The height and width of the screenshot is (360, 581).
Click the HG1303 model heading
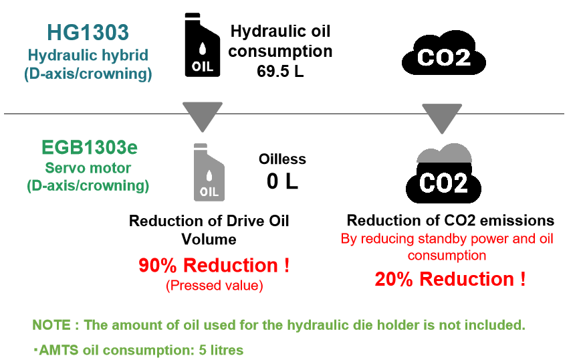click(x=88, y=32)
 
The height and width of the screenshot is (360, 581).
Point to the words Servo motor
click(x=88, y=168)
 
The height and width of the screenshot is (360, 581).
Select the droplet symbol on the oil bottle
click(x=209, y=176)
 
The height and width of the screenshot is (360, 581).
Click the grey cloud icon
click(x=445, y=153)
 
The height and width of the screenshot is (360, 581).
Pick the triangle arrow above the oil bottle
click(x=203, y=116)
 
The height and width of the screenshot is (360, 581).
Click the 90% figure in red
click(x=156, y=266)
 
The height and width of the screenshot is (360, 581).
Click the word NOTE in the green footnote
click(x=52, y=326)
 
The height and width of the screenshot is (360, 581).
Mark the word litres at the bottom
click(x=224, y=350)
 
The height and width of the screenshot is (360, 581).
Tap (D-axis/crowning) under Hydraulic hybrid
click(x=88, y=74)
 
